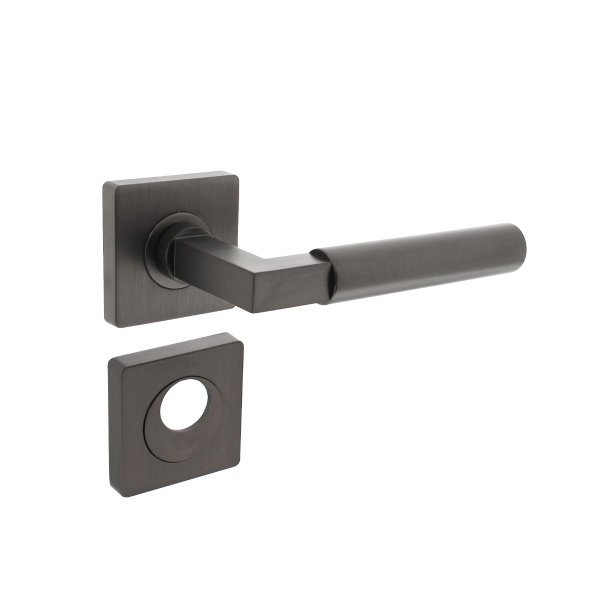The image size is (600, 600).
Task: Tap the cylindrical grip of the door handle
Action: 420,262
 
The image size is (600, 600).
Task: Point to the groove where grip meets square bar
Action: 321,274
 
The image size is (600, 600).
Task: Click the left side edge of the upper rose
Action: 106,255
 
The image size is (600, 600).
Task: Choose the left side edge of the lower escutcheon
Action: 114,425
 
